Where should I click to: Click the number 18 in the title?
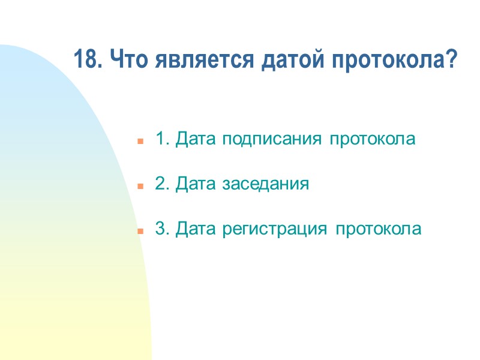point(85,60)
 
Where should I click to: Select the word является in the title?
point(190,60)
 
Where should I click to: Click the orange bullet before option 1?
point(140,142)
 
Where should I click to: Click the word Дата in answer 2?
point(197,184)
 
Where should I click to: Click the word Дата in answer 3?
point(197,229)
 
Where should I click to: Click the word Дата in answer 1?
point(197,139)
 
